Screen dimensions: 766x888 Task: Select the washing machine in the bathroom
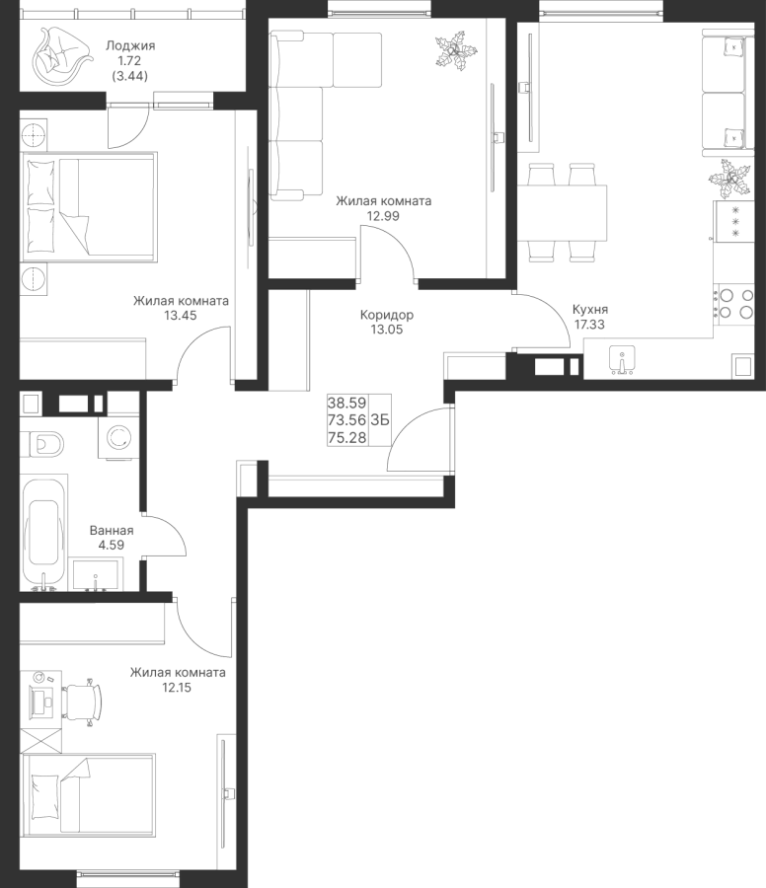tap(118, 437)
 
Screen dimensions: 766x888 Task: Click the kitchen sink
tap(622, 361)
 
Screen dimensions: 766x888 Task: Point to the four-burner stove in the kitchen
tap(733, 304)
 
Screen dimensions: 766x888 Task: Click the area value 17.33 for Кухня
tap(589, 325)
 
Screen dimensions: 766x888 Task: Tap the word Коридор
tap(387, 315)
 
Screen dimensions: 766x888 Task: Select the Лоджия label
tap(130, 45)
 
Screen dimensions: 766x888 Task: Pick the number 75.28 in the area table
tap(346, 438)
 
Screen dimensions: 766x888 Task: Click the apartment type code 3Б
tap(380, 420)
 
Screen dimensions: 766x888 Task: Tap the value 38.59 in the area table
tap(346, 403)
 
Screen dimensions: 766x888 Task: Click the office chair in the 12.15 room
tap(83, 702)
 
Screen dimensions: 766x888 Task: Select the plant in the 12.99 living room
tap(457, 52)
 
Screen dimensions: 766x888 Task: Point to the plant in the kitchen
tap(729, 179)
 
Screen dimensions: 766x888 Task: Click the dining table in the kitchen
tap(562, 212)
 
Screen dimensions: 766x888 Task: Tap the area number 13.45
tap(181, 316)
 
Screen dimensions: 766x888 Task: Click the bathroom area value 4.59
tap(112, 545)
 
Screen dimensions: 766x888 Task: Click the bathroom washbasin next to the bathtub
tap(95, 574)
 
